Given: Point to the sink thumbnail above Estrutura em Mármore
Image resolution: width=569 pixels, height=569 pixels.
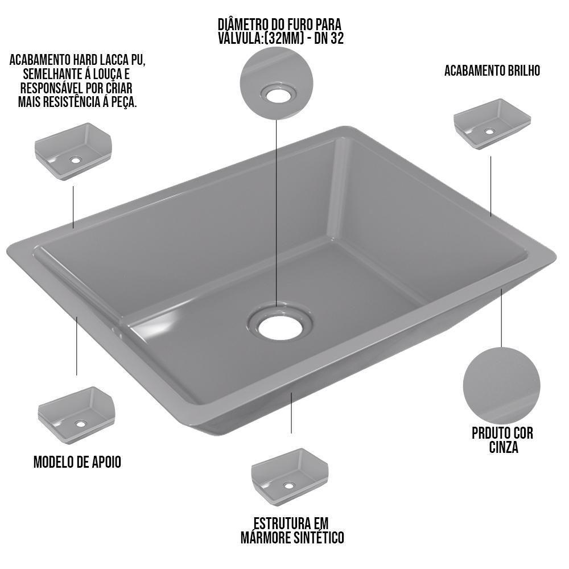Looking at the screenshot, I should (x=289, y=477).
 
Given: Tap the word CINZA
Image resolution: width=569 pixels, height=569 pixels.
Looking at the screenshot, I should (x=504, y=447).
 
